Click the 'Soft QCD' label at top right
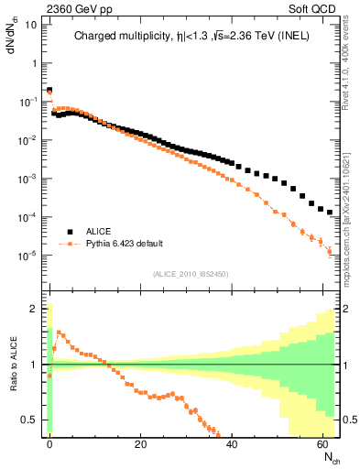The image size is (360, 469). click(315, 7)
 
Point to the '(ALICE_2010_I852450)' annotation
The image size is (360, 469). click(190, 273)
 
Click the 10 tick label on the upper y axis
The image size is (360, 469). click(29, 24)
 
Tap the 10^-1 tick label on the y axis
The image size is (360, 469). click(27, 101)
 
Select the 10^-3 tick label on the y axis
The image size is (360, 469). click(27, 178)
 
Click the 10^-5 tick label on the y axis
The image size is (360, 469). click(27, 255)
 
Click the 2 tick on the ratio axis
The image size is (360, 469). click(35, 309)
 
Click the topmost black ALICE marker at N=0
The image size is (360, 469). click(49, 91)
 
